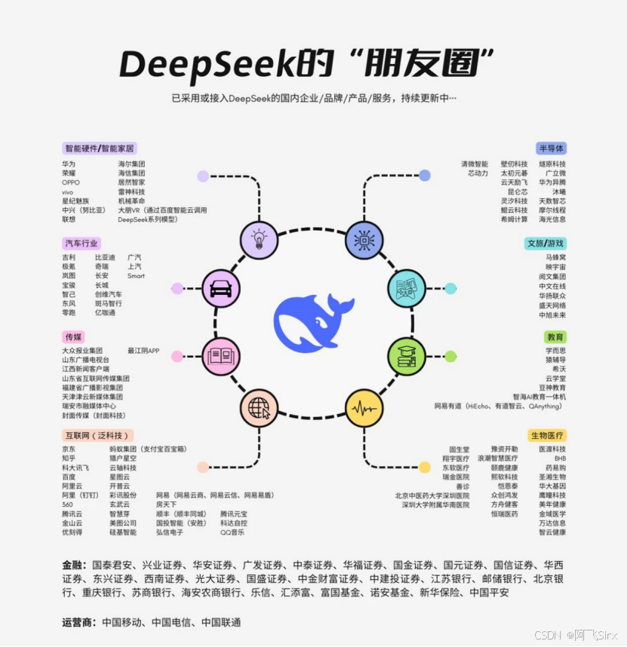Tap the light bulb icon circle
click(259, 240)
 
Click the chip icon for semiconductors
click(364, 240)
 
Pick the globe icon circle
click(259, 409)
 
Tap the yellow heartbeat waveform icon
click(364, 409)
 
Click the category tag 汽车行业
click(81, 244)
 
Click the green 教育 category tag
click(555, 337)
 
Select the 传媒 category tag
click(73, 337)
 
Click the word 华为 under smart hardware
click(69, 164)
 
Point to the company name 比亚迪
click(105, 257)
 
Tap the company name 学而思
click(555, 351)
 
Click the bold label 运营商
click(80, 622)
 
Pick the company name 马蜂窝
click(555, 257)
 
